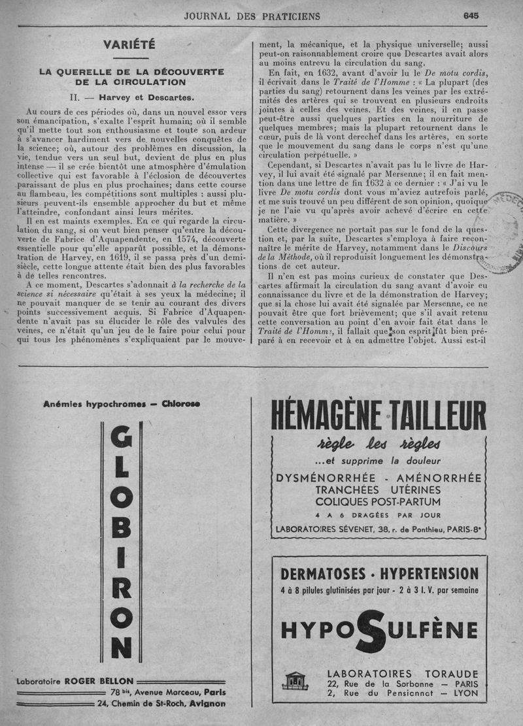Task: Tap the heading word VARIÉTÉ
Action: tap(129, 44)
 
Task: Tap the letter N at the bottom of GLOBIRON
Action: tap(121, 647)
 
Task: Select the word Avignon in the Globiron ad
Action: tap(207, 704)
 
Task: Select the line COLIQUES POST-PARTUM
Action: tap(377, 502)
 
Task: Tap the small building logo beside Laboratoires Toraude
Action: tap(295, 680)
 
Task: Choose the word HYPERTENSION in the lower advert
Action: tap(428, 574)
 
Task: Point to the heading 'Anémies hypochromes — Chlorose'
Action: tap(121, 404)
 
